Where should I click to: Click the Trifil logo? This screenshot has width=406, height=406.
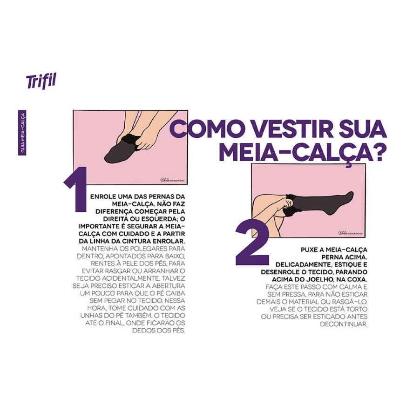pyautogui.click(x=41, y=81)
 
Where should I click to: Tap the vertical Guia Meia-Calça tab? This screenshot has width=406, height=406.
pyautogui.click(x=22, y=133)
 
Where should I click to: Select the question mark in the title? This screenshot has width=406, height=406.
pyautogui.click(x=377, y=153)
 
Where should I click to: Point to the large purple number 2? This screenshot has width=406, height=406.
pyautogui.click(x=252, y=244)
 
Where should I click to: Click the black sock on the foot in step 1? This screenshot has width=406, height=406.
pyautogui.click(x=120, y=150)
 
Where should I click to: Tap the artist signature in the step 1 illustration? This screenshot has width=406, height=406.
pyautogui.click(x=173, y=181)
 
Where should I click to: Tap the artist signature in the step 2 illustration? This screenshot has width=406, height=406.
pyautogui.click(x=351, y=233)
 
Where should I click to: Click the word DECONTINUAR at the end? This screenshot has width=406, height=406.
pyautogui.click(x=344, y=324)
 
